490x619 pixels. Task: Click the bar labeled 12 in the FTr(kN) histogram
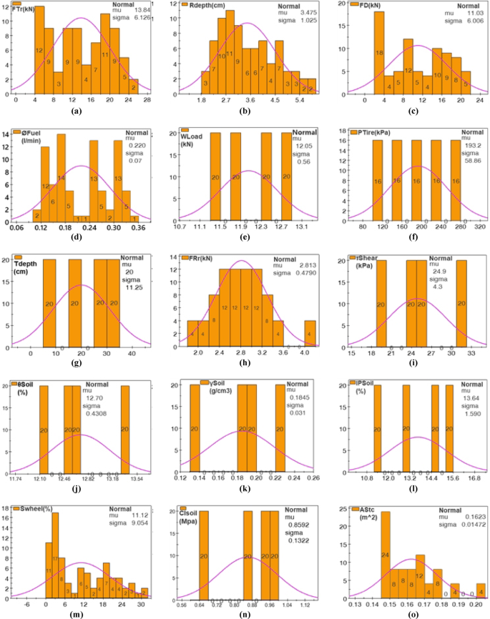39,50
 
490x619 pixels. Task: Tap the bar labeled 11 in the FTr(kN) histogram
104,54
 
